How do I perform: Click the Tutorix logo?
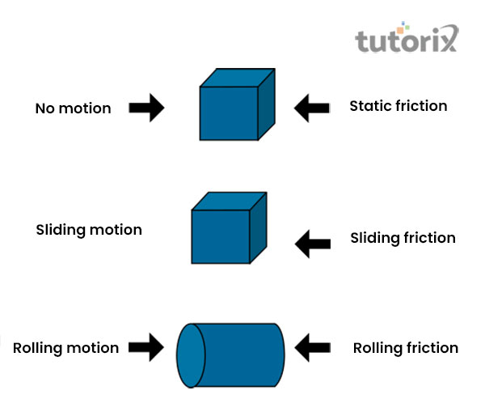407,39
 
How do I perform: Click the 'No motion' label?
73,108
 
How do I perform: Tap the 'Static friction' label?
398,106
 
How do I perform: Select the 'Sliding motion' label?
89,230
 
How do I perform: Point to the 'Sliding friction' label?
403,238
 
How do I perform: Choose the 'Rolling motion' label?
65,348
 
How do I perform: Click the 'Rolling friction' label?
406,348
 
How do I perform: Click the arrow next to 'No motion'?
146,108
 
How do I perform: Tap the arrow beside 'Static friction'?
312,108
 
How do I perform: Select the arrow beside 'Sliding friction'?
314,240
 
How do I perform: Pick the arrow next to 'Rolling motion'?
146,350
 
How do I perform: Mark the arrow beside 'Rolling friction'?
314,350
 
